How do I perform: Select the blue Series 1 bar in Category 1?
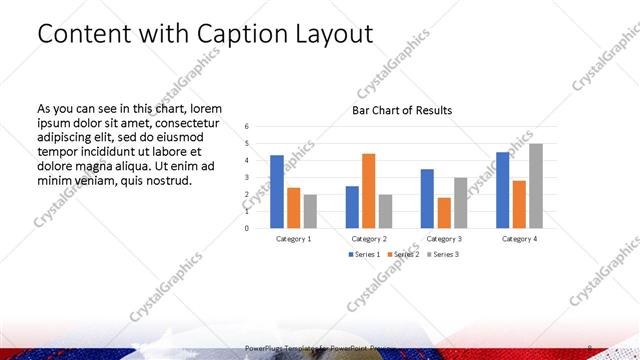tap(276, 191)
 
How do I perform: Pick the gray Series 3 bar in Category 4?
tap(536, 185)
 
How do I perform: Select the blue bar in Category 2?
tap(352, 206)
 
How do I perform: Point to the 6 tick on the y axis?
tap(247, 127)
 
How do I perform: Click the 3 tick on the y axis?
tap(247, 177)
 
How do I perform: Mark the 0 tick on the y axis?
tap(247, 227)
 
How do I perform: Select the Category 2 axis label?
tap(369, 239)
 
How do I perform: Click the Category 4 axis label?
tap(519, 239)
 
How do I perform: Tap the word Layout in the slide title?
tap(335, 34)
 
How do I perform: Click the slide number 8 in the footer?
tap(591, 347)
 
